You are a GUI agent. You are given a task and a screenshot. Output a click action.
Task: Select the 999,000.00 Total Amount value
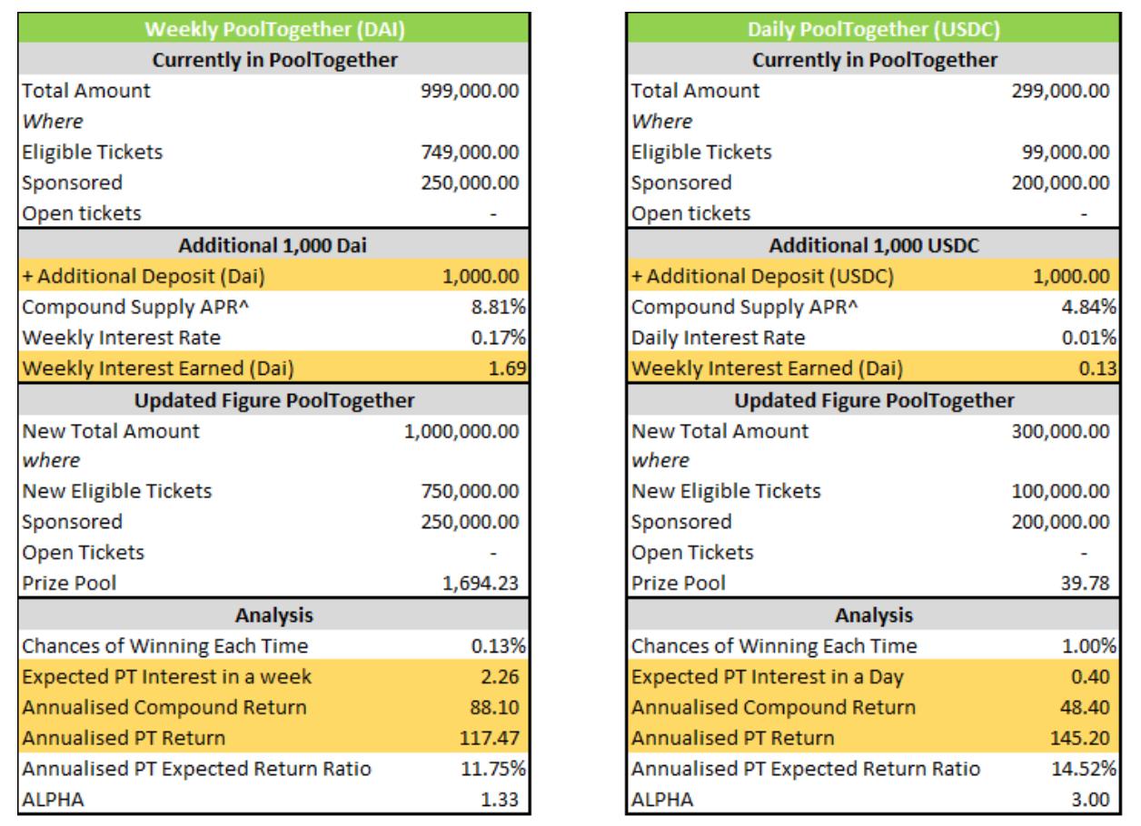466,91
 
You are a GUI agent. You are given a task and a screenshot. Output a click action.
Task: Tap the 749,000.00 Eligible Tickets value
466,152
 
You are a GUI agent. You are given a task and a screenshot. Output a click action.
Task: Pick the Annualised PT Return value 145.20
1084,738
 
